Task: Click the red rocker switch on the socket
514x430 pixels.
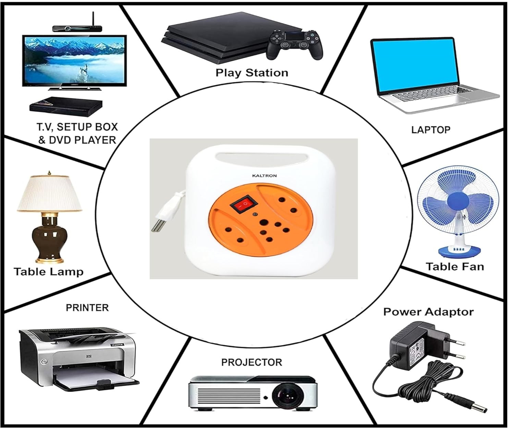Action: (x=245, y=204)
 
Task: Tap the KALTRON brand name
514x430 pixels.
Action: (x=264, y=176)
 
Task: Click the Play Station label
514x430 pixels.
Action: (x=252, y=73)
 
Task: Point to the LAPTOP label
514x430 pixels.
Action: (x=430, y=130)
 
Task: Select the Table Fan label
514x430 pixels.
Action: (x=455, y=266)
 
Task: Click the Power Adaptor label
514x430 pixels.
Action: (x=428, y=312)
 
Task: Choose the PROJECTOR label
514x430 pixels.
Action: (x=252, y=362)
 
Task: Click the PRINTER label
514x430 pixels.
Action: (x=87, y=307)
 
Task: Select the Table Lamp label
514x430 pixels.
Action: (x=49, y=272)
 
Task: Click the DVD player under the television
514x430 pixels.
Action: (x=66, y=105)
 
